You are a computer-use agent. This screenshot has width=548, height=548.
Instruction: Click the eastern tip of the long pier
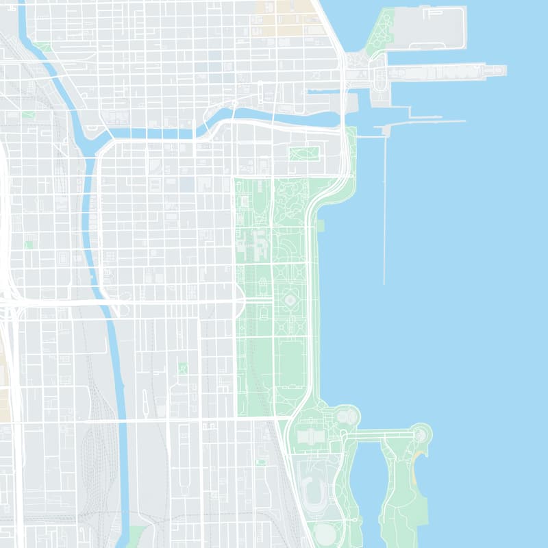[503, 71]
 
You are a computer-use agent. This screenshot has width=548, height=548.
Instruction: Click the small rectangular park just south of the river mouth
[304, 153]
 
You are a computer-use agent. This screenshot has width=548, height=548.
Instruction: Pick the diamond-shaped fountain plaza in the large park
[290, 301]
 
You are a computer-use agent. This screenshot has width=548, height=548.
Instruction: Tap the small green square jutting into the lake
[320, 225]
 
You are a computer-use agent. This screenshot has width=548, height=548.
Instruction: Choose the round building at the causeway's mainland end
[347, 415]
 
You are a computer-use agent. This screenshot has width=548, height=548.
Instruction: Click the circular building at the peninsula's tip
[420, 434]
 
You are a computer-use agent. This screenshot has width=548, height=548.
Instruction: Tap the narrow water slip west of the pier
[325, 91]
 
